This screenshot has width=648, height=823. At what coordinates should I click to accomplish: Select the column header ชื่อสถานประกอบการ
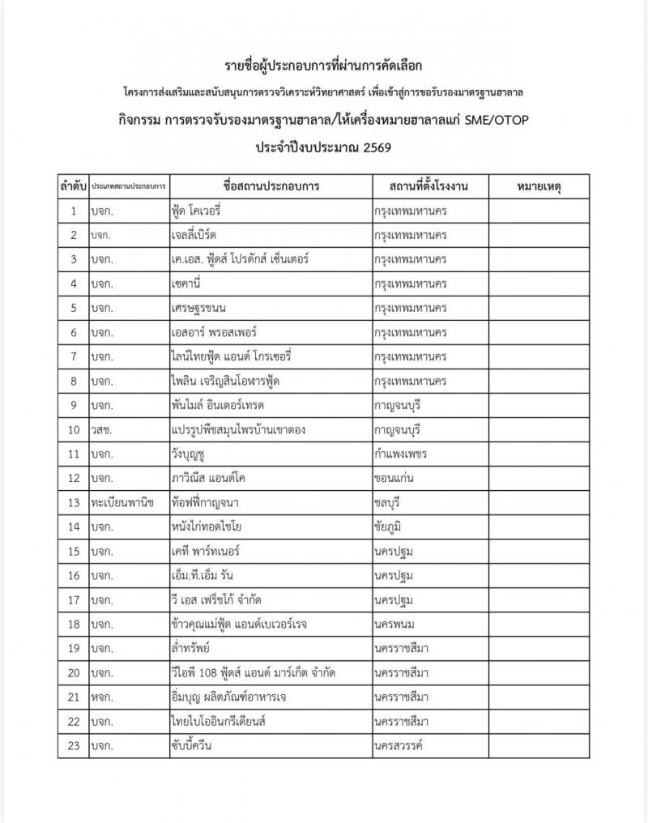271,186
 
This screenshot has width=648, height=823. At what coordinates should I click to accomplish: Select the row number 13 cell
73,502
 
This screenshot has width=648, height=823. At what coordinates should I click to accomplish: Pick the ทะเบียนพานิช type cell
124,502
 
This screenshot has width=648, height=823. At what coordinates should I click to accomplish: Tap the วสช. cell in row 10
102,429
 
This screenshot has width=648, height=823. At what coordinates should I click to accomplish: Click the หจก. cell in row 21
102,697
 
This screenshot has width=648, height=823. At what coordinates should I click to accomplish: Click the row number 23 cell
73,745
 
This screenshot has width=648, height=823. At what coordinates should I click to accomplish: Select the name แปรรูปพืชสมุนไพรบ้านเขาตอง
238,429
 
